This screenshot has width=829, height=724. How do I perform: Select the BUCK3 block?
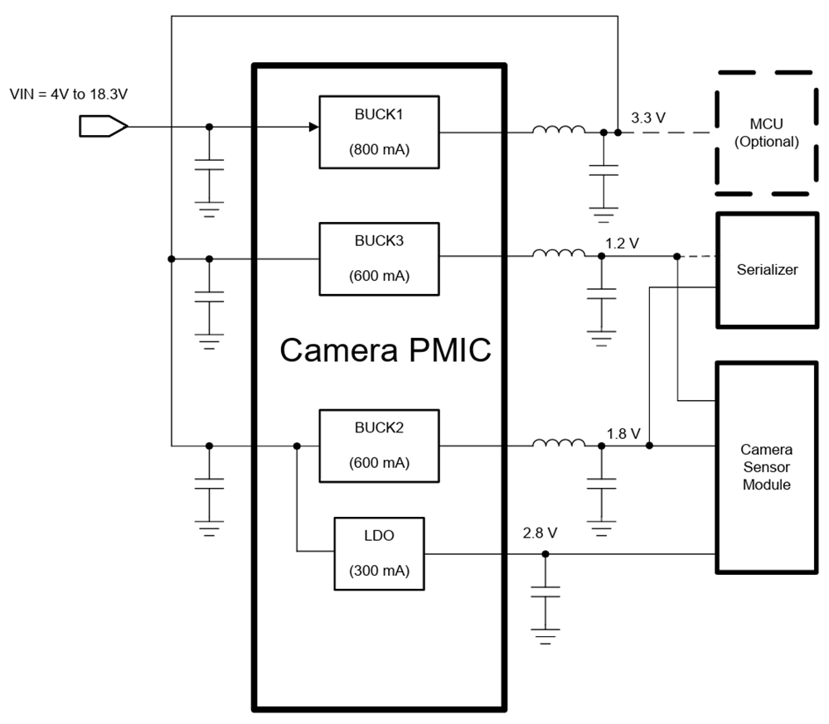tap(380, 258)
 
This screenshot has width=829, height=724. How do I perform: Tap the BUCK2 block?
tap(380, 446)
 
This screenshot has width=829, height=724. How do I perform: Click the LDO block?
tap(379, 553)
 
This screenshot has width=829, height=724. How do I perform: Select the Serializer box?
tap(767, 270)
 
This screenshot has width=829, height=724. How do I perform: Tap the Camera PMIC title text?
tap(385, 350)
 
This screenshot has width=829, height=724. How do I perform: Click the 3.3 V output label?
tap(648, 118)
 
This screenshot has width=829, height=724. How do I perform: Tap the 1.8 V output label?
tap(623, 433)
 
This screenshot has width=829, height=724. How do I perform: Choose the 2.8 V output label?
tap(540, 533)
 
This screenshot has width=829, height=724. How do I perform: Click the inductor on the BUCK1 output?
tap(559, 130)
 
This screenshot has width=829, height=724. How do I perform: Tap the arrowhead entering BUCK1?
tap(314, 127)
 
